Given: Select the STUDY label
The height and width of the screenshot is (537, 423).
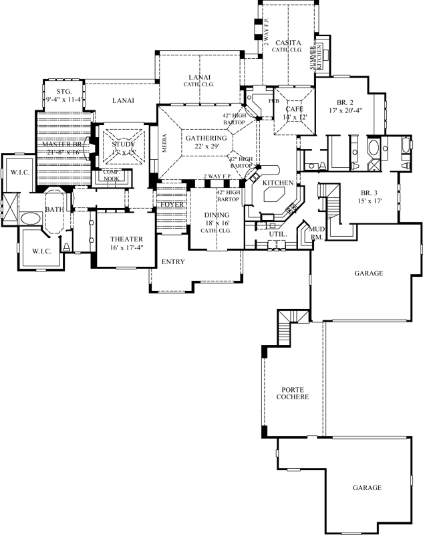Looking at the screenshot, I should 124,144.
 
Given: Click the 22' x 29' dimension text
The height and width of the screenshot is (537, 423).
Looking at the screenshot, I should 206,146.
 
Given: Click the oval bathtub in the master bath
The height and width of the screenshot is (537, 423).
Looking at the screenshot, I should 29,219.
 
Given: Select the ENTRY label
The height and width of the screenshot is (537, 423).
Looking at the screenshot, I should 173,262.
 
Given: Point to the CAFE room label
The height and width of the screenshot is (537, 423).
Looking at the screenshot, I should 295,109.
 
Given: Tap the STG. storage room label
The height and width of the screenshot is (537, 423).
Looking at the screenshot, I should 64,92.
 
